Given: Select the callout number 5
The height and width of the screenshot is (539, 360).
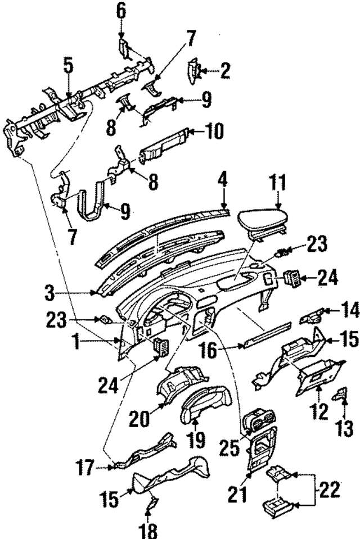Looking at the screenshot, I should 67,66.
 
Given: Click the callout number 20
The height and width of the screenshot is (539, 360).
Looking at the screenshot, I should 138,419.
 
